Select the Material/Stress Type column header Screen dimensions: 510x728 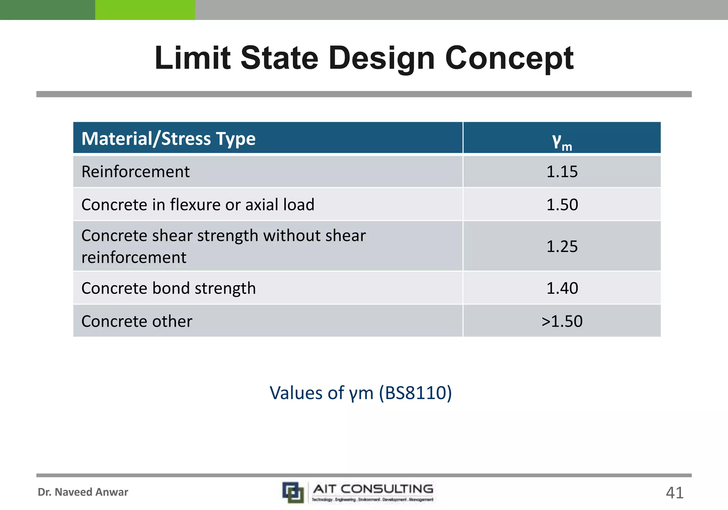point(168,139)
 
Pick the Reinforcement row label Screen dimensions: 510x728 point(135,172)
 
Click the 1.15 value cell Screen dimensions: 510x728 point(562,172)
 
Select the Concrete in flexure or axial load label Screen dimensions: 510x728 point(198,205)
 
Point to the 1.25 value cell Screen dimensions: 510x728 point(562,246)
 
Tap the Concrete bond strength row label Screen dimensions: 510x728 point(168,288)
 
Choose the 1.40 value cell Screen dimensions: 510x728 point(562,288)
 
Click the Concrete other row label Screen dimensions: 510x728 point(137,321)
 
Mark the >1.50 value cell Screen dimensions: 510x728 point(562,321)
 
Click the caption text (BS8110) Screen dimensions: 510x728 point(415,393)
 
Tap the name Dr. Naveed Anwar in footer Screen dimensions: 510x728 point(83,492)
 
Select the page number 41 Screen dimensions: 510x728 point(674,493)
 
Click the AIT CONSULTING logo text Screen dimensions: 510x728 point(373,489)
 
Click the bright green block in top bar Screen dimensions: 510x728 point(145,10)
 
